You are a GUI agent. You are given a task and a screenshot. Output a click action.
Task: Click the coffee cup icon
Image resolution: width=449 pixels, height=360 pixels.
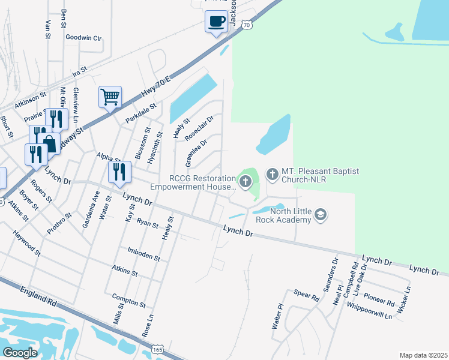click(216, 21)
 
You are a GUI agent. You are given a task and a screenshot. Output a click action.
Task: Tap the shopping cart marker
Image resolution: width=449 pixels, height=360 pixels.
click(110, 97)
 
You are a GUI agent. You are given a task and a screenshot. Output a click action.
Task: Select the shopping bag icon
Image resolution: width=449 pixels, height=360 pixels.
click(49, 143)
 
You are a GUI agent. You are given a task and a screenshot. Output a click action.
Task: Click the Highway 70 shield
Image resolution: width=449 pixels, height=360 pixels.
click(247, 24)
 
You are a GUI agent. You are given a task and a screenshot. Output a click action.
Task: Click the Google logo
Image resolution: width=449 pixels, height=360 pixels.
click(20, 352)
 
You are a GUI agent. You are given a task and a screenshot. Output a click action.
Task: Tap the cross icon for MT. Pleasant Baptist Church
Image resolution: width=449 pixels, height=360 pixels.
click(272, 175)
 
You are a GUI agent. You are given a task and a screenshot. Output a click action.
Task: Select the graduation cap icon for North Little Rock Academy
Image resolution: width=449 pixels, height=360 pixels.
click(321, 215)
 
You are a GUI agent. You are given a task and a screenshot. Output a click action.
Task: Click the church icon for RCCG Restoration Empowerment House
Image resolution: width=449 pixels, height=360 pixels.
click(244, 181)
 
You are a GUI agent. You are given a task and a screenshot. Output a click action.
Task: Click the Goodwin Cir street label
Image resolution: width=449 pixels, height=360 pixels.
click(83, 37)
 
